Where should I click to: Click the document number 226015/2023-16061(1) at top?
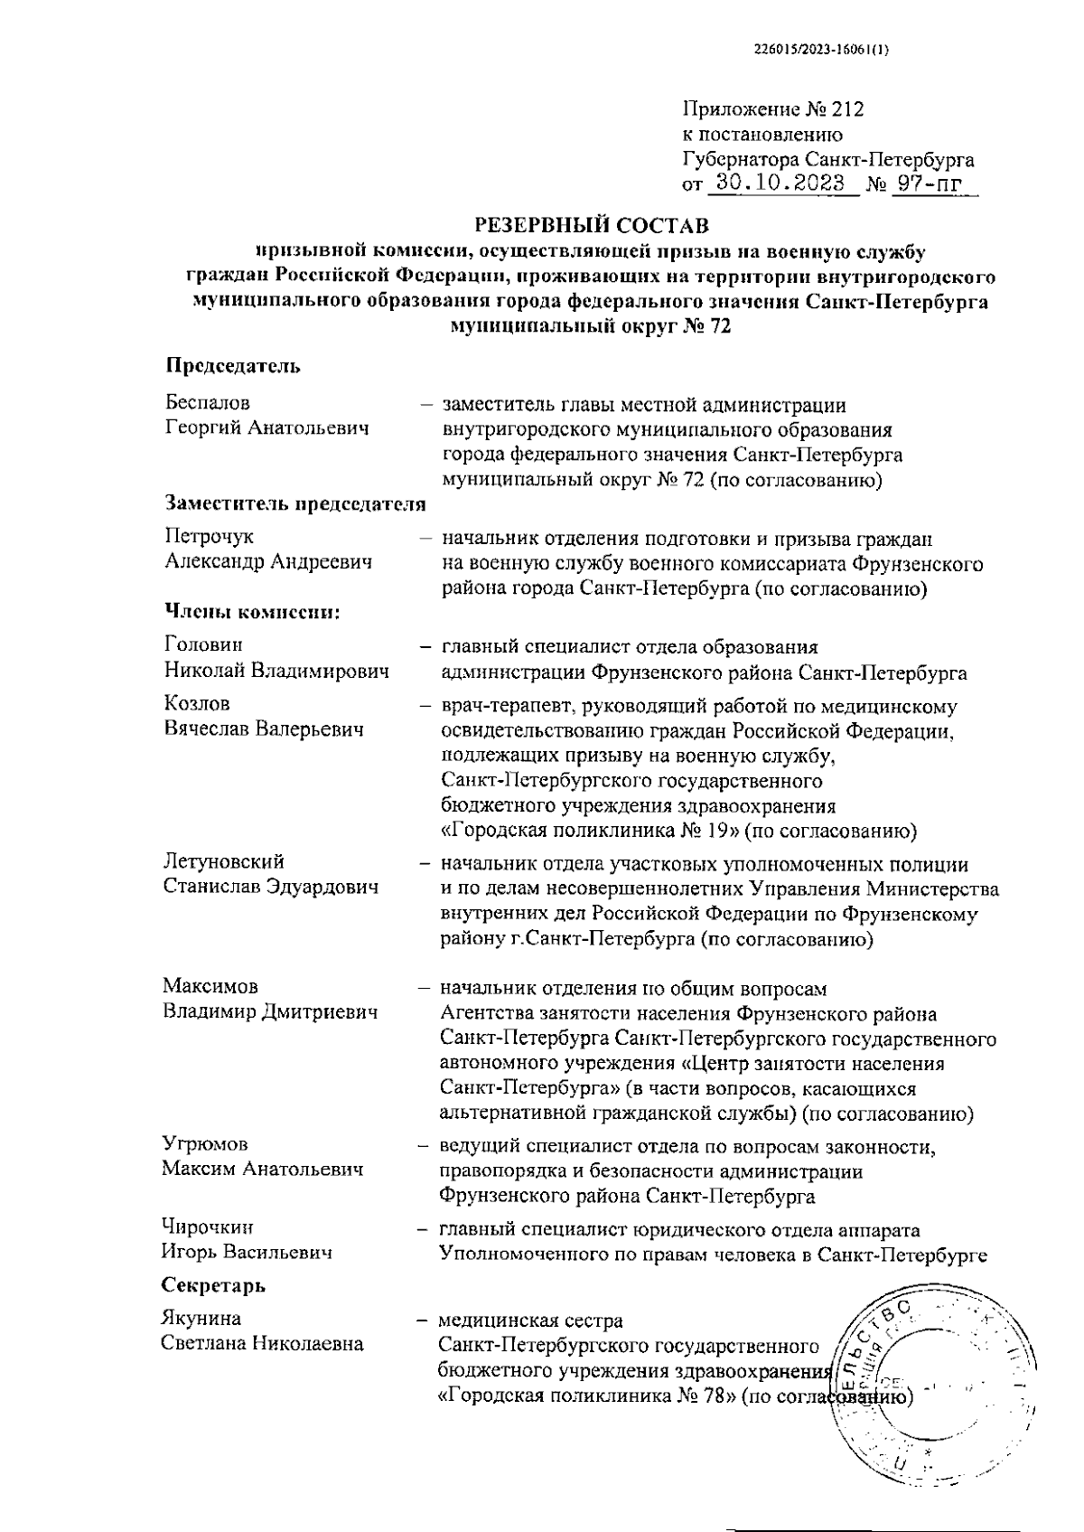(821, 51)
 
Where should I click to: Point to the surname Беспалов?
(208, 403)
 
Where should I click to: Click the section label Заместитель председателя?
(295, 504)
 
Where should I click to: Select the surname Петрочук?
(209, 538)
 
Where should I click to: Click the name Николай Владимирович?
(276, 672)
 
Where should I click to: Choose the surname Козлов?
(197, 703)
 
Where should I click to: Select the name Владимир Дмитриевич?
(269, 1012)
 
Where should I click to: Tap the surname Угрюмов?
(205, 1145)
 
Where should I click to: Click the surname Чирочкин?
(207, 1227)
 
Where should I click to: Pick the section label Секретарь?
(213, 1285)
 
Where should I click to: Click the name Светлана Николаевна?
(262, 1343)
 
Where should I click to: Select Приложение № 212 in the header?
(773, 110)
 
